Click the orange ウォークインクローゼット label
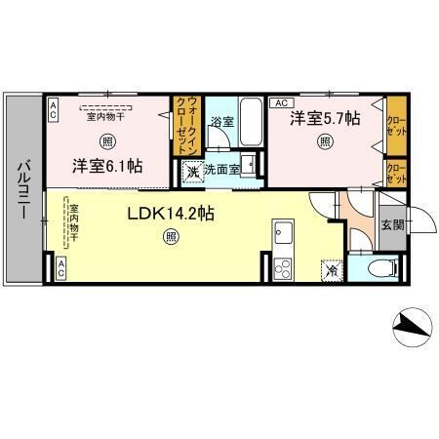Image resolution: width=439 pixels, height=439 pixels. click(x=186, y=126)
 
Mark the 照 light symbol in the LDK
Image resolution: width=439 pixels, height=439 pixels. click(x=172, y=234)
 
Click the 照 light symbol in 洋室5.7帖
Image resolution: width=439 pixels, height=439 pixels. click(x=324, y=140)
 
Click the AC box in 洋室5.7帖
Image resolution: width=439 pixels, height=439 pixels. click(x=279, y=102)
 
